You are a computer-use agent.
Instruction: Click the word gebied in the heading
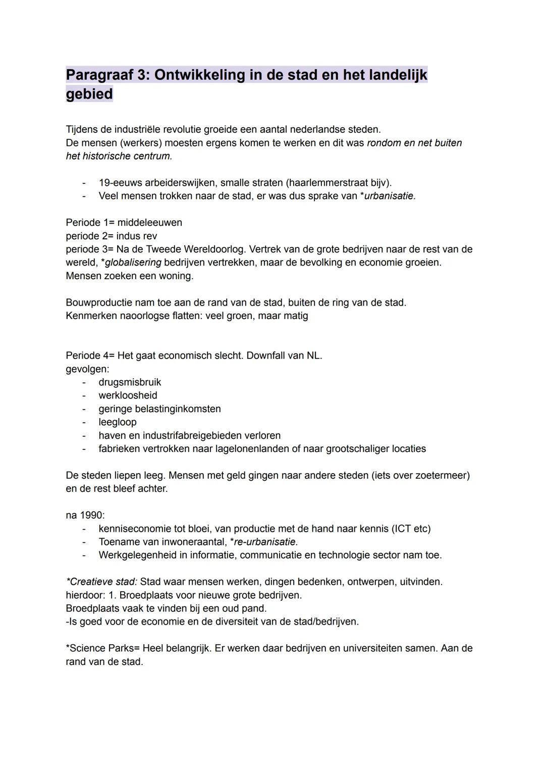pyautogui.click(x=89, y=94)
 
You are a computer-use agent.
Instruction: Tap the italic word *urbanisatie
pyautogui.click(x=388, y=196)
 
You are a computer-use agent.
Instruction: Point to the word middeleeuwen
pyautogui.click(x=150, y=223)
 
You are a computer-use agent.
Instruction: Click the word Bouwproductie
pyautogui.click(x=98, y=302)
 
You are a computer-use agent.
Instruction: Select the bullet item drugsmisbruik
pyautogui.click(x=130, y=382)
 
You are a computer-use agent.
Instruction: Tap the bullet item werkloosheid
pyautogui.click(x=128, y=395)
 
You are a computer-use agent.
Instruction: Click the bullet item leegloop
pyautogui.click(x=118, y=422)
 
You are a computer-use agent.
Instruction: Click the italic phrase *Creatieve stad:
pyautogui.click(x=101, y=582)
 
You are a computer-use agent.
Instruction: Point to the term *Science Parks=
pyautogui.click(x=102, y=648)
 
